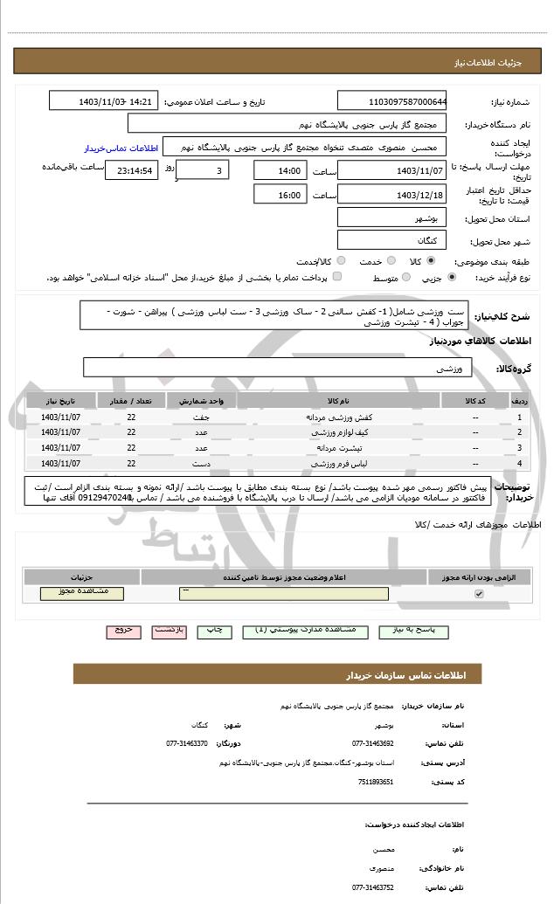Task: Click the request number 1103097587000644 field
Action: click(x=391, y=100)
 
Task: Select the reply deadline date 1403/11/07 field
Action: click(x=391, y=170)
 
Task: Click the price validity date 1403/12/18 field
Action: click(x=391, y=195)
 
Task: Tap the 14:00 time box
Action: click(x=280, y=170)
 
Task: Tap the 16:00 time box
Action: click(x=280, y=195)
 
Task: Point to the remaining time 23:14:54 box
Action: click(x=131, y=170)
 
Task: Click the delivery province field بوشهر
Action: click(x=391, y=217)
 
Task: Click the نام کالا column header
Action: click(x=338, y=400)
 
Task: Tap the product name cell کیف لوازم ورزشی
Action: click(x=338, y=432)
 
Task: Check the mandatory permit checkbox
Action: click(x=478, y=594)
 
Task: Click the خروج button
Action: click(x=123, y=630)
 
